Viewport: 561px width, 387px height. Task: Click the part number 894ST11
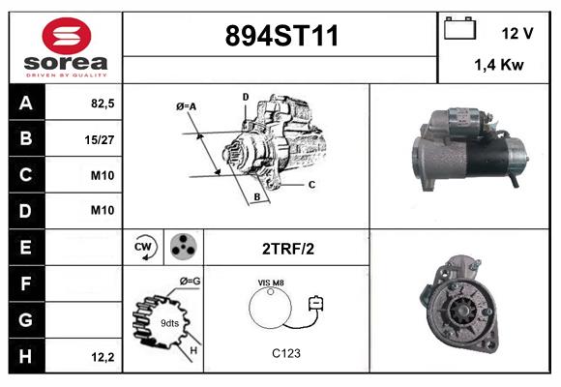281,37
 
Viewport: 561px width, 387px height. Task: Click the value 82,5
103,102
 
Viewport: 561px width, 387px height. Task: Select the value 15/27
102,138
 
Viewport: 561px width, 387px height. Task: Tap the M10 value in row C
103,175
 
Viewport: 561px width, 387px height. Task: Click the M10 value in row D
103,211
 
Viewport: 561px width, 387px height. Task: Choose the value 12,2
103,357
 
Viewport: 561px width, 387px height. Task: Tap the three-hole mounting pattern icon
183,248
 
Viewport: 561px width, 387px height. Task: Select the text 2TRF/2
287,249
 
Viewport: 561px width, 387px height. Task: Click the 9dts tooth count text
169,322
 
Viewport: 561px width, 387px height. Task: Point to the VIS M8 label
272,283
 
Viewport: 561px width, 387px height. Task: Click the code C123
286,353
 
